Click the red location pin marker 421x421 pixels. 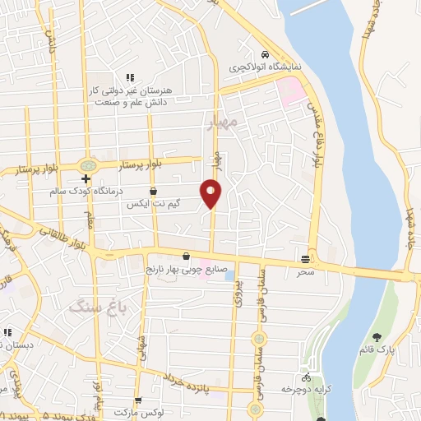211,193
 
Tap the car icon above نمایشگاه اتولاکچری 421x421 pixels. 265,53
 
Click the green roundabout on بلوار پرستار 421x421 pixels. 86,165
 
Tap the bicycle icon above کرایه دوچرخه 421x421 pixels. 307,377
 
